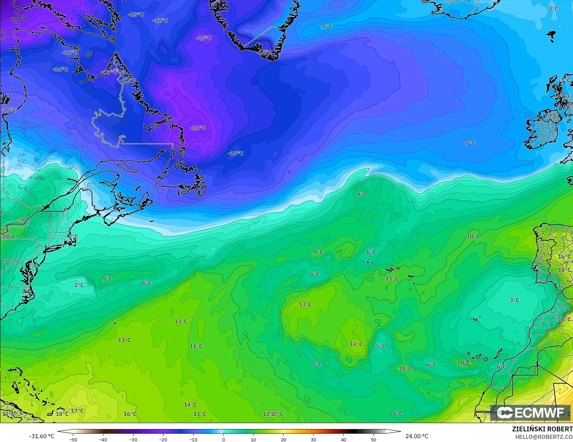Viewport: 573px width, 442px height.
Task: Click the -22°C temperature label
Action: point(198,128)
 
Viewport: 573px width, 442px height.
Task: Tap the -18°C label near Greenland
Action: point(204,38)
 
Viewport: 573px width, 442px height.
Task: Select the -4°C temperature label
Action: point(326,26)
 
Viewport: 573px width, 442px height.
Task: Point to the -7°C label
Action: point(469,143)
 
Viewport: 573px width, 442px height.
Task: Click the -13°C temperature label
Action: point(136,15)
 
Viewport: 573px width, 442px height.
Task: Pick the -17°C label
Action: point(110,72)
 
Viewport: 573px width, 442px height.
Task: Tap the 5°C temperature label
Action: point(380,346)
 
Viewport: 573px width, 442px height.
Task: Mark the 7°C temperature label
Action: point(317,364)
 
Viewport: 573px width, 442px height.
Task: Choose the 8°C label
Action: point(398,414)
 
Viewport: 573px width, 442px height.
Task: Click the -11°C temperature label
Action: point(70,53)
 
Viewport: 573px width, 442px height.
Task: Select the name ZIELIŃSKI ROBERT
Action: point(542,429)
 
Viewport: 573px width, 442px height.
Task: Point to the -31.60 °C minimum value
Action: point(42,436)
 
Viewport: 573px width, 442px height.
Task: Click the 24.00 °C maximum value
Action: point(417,436)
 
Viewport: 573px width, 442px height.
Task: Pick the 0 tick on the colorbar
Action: point(223,439)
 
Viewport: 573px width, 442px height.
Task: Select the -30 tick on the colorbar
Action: point(133,439)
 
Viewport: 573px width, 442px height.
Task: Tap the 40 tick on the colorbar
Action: point(343,439)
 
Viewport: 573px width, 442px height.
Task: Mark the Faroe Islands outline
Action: point(552,35)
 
